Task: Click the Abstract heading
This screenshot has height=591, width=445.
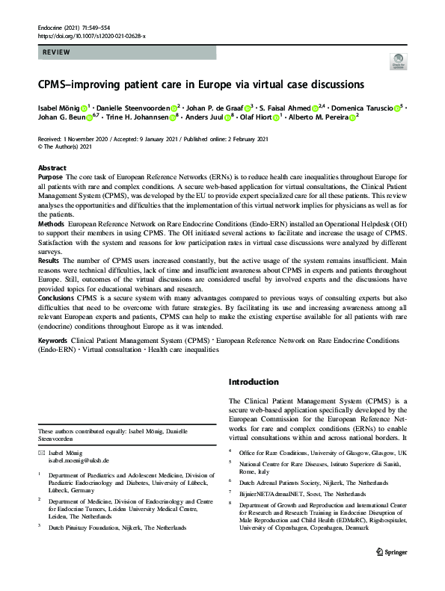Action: pos(52,168)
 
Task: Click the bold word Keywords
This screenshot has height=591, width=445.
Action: pos(53,340)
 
